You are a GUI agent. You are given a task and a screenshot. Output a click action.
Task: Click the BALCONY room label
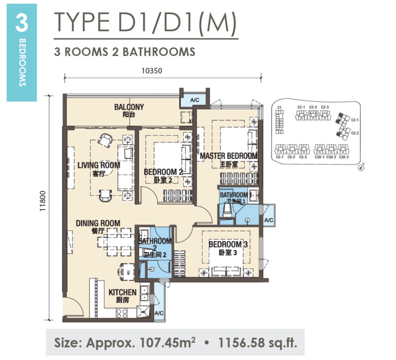[x=129, y=107]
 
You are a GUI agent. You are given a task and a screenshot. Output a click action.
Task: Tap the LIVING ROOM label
[x=99, y=165]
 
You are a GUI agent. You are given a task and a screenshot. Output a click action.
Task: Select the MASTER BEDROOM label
[x=228, y=156]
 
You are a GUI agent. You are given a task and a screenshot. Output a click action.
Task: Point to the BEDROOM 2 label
[x=163, y=172]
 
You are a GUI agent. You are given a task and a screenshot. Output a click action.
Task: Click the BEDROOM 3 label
[x=228, y=245]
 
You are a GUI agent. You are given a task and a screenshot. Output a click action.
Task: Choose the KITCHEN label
[x=122, y=292]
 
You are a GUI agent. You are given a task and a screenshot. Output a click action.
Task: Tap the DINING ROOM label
[x=98, y=223]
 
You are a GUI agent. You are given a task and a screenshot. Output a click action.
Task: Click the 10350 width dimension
[x=151, y=71]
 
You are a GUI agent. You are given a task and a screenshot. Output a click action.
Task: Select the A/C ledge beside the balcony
[x=195, y=100]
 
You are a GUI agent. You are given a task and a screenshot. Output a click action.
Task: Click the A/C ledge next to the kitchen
[x=159, y=313]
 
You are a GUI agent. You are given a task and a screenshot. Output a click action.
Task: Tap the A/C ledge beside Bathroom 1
[x=268, y=220]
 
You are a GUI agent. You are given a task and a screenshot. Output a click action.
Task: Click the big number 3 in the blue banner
[x=21, y=24]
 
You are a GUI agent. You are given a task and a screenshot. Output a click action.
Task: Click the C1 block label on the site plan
[x=279, y=107]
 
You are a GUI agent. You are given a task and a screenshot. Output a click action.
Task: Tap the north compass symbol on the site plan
[x=362, y=168]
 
